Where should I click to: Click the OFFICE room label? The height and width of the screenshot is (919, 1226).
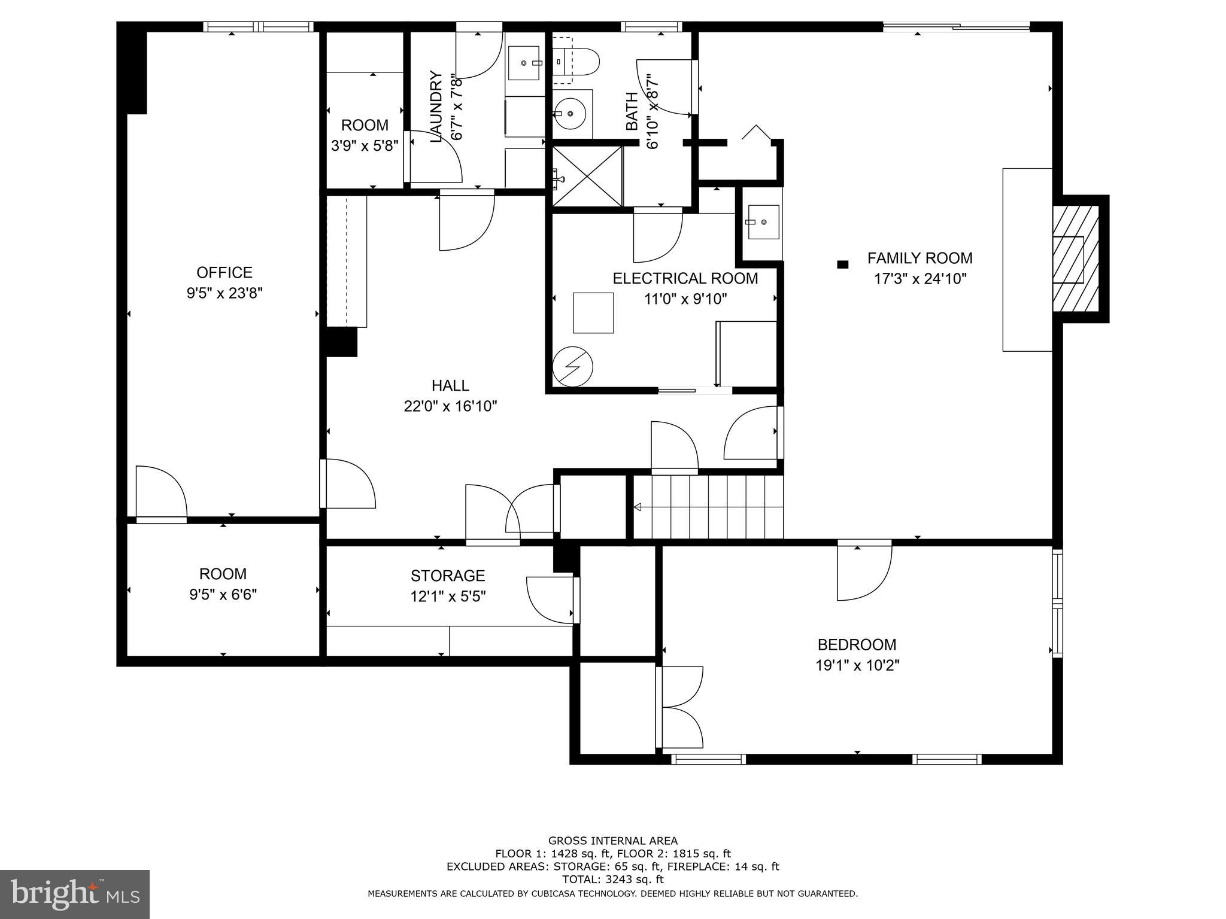(224, 273)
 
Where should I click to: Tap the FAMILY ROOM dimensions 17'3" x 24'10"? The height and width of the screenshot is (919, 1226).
(920, 279)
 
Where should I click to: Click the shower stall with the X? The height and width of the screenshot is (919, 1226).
(587, 177)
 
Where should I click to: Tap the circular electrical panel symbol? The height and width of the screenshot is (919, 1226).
(572, 366)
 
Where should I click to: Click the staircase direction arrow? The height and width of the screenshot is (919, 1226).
(638, 507)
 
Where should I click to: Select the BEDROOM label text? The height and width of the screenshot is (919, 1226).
(857, 644)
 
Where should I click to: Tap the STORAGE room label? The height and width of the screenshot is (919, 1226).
(448, 576)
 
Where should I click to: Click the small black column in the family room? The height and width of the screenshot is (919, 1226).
(843, 264)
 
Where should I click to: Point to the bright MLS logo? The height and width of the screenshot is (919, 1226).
(75, 894)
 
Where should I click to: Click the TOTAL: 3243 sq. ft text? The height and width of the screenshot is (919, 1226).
(612, 880)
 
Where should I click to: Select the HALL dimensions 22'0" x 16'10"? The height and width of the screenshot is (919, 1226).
(450, 407)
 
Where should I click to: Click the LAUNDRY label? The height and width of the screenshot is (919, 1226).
(436, 106)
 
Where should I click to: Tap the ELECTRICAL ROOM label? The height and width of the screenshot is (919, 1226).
(685, 278)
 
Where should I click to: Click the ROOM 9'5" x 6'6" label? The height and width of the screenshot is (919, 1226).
(223, 574)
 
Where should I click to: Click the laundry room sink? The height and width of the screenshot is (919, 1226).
(526, 63)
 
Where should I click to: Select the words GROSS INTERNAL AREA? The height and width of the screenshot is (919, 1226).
(612, 841)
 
